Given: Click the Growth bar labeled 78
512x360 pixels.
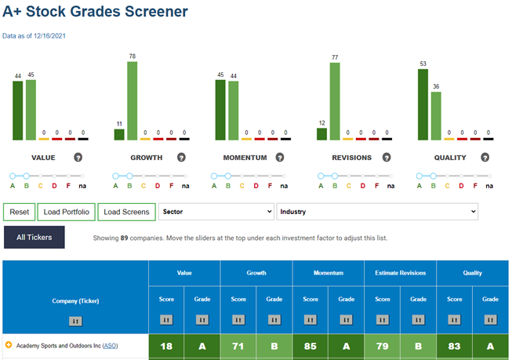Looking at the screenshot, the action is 133,101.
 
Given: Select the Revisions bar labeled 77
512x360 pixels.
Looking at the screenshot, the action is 335,101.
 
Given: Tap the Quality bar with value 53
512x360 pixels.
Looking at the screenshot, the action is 423,104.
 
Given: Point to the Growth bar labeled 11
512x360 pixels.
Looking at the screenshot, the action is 119,135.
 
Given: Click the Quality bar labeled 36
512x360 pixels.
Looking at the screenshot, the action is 436,116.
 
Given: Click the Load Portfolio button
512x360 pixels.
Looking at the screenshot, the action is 67,212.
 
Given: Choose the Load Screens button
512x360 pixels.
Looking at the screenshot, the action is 127,212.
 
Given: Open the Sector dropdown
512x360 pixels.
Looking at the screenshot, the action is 216,212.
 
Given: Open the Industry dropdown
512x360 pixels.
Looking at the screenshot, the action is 377,212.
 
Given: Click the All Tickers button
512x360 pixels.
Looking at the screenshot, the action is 34,238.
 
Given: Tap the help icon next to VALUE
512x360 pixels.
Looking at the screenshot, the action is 78,158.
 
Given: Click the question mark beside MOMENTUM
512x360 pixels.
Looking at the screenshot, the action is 279,158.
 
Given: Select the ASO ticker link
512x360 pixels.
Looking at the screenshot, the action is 110,346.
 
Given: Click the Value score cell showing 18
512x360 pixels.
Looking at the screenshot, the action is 166,347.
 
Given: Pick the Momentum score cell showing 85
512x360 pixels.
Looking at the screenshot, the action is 310,347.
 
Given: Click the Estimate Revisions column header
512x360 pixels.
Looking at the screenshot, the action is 401,273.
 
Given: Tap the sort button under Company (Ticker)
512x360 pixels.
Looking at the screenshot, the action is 75,321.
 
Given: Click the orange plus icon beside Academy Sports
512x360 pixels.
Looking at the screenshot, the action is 9,344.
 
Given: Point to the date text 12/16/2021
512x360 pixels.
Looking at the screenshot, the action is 49,36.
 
